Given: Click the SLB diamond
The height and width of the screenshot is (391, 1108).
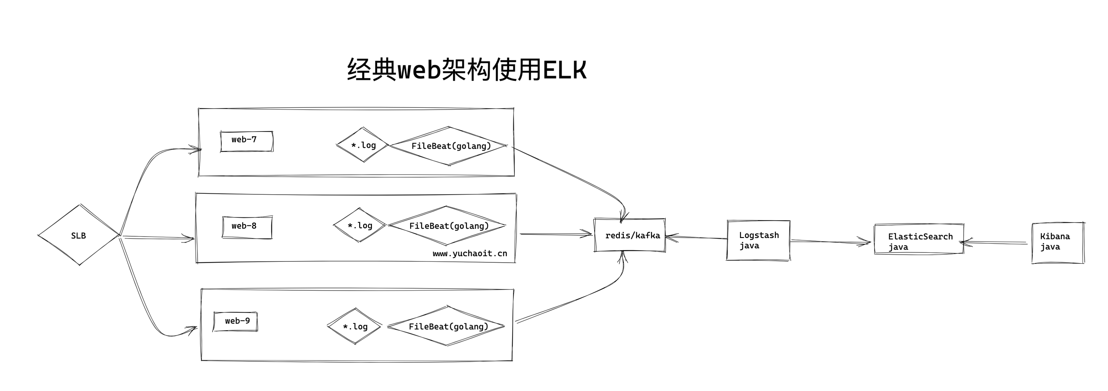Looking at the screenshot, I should coord(79,235).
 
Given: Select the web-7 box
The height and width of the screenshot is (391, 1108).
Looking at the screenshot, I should coord(246,141).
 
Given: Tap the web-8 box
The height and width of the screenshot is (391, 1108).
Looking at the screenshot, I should coord(247,227).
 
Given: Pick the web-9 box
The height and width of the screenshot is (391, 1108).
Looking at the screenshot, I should coord(235,321).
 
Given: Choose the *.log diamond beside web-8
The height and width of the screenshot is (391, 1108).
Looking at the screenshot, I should coord(360,225).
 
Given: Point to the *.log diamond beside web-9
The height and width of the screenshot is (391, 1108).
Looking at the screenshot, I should coord(355,326).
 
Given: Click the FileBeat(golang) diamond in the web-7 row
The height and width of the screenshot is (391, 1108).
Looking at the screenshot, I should coord(450,146).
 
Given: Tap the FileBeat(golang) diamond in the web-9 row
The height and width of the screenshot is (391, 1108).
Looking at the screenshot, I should coord(447,326).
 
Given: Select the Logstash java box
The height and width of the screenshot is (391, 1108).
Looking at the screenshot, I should coord(758,240).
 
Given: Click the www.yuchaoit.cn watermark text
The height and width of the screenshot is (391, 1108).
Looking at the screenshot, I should coord(470,254).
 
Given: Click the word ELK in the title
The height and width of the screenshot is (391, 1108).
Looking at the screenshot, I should coord(564,70).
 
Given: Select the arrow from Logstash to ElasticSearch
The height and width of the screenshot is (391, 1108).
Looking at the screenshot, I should coord(830,242).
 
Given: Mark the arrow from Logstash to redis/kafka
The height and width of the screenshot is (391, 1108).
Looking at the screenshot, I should coord(697,237).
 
